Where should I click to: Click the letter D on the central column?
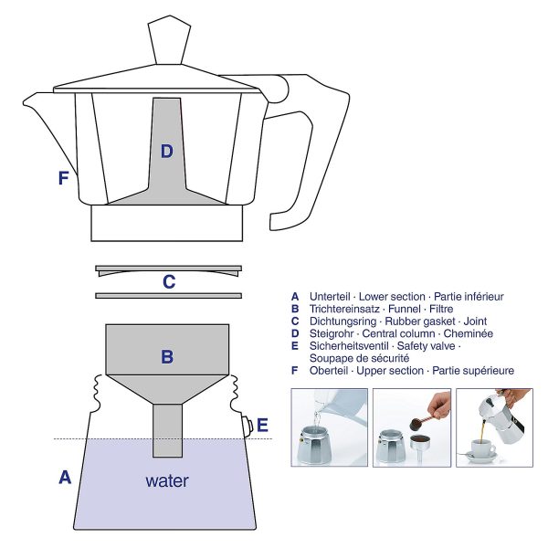(x=166, y=152)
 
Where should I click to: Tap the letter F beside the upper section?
(x=63, y=178)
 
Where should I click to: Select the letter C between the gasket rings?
(x=168, y=282)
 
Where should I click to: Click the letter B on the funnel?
(x=167, y=357)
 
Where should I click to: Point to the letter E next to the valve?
(x=263, y=424)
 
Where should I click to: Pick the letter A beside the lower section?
(x=65, y=476)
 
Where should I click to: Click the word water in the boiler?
(x=167, y=480)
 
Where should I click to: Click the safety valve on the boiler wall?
(x=248, y=424)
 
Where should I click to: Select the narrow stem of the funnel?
(x=166, y=429)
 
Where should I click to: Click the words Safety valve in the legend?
(x=422, y=346)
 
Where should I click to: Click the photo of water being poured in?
(x=329, y=427)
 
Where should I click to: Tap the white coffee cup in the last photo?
(x=483, y=448)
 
